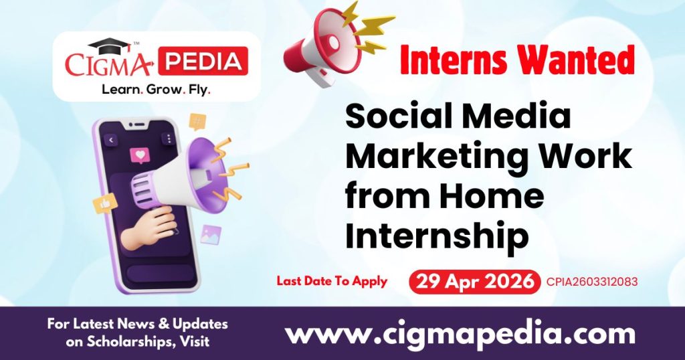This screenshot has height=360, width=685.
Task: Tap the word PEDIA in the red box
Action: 207,62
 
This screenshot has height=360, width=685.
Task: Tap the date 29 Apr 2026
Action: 475,281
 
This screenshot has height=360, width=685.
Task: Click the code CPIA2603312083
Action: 591,282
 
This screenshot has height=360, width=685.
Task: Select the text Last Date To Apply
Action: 332,281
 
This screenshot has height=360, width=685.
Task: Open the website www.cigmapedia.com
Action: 460,333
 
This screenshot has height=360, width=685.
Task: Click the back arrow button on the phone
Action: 110,140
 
